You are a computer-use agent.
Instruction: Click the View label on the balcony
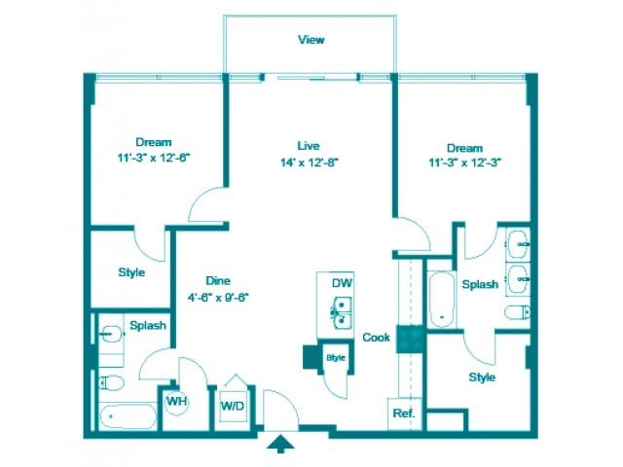(311, 40)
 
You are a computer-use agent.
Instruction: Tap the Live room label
(309, 146)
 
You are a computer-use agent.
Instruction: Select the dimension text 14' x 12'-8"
(309, 162)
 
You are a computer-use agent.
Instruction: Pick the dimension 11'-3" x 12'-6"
(154, 156)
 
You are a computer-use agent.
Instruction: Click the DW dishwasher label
(341, 282)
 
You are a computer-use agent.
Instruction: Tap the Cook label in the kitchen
(376, 338)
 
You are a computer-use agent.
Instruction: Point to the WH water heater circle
(176, 401)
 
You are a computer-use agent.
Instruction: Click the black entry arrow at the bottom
(282, 445)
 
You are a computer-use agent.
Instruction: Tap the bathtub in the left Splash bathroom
(127, 416)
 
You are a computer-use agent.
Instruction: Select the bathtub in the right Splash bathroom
(441, 297)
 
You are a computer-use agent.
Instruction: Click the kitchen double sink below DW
(341, 313)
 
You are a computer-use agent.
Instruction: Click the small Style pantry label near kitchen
(337, 358)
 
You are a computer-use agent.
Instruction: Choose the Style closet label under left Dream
(131, 272)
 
